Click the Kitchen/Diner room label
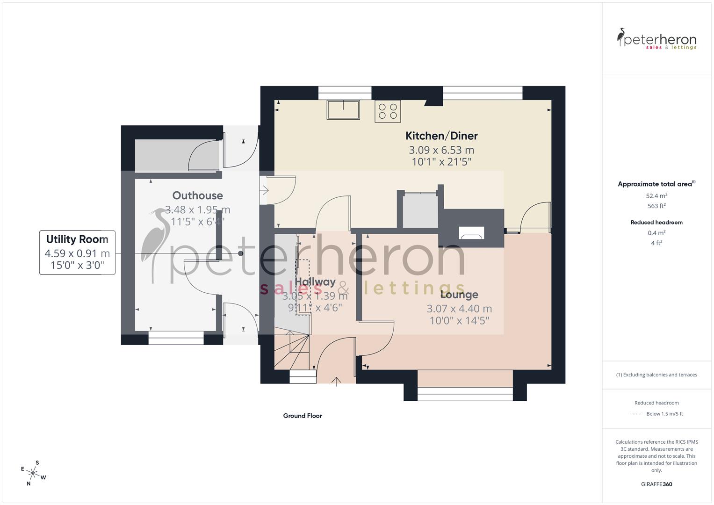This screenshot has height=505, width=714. tap(441, 136)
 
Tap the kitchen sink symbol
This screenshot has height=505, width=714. tap(344, 110)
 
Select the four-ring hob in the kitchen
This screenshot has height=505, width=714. tap(388, 111)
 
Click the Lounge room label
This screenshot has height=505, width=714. tap(459, 295)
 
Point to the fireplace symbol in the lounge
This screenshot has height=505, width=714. tap(472, 233)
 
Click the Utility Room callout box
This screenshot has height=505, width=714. tap(77, 252)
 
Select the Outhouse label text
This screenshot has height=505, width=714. tap(197, 195)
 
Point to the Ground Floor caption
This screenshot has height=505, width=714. tap(302, 416)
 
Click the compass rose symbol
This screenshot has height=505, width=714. tap(33, 472)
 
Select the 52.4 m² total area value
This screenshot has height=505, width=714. tap(656, 196)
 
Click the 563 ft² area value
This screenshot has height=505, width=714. tap(656, 206)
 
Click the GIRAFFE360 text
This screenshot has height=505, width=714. tap(656, 484)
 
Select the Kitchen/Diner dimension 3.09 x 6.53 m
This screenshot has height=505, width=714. tap(441, 150)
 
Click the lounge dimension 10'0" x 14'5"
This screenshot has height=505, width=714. tap(459, 321)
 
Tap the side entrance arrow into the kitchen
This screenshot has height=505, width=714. tap(264, 190)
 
